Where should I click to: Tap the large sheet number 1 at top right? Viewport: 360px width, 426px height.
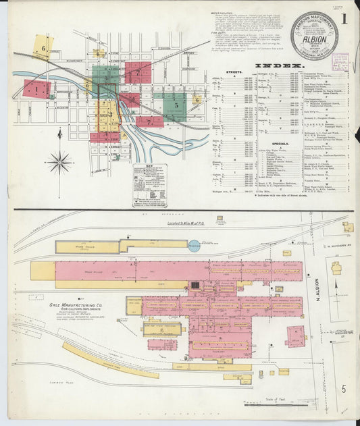[x=344, y=19]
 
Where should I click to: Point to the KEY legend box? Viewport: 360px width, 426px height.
[x=149, y=184]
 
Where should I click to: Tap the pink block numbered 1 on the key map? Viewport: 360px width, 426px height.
[x=37, y=88]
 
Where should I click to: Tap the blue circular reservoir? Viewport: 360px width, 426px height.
[x=195, y=247]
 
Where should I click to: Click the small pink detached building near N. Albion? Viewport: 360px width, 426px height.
[x=295, y=336]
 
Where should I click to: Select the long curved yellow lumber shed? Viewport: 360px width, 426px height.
[x=111, y=360]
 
